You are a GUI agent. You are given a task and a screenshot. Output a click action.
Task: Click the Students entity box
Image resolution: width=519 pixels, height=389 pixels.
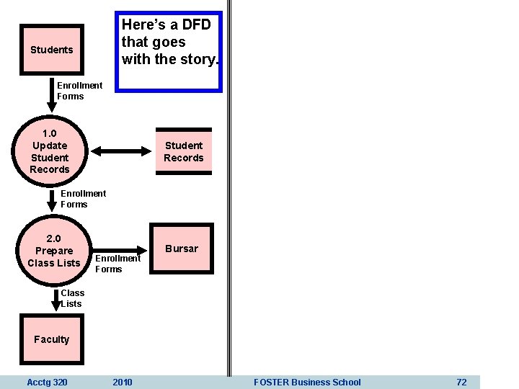pyautogui.click(x=52, y=50)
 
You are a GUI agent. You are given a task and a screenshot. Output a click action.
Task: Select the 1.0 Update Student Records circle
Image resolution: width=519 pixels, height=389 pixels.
pyautogui.click(x=50, y=151)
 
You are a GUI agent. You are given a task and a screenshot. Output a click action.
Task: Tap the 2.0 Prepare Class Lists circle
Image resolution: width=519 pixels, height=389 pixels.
pyautogui.click(x=53, y=251)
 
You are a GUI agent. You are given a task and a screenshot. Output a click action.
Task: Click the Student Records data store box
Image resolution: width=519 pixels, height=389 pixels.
pyautogui.click(x=183, y=151)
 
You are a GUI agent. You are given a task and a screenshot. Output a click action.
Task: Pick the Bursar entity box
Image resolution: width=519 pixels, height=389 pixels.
pyautogui.click(x=181, y=249)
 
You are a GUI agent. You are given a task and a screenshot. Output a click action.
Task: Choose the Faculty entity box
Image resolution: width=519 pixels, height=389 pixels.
pyautogui.click(x=51, y=339)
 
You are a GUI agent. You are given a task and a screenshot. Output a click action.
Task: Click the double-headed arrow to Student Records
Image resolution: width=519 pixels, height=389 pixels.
pyautogui.click(x=122, y=151)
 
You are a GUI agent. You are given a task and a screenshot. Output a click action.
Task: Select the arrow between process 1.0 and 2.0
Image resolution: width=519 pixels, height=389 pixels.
pyautogui.click(x=53, y=198)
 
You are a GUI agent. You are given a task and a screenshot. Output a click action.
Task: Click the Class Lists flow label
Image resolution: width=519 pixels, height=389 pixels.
pyautogui.click(x=72, y=298)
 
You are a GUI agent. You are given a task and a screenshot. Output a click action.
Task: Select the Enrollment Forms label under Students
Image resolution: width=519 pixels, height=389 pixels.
pyautogui.click(x=79, y=91)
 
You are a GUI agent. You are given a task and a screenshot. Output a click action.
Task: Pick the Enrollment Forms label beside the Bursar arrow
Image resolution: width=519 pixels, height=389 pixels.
pyautogui.click(x=117, y=264)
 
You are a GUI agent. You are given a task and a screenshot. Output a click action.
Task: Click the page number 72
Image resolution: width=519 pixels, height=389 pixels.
pyautogui.click(x=461, y=382)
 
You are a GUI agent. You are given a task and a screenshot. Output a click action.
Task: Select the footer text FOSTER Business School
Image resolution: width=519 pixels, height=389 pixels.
pyautogui.click(x=307, y=382)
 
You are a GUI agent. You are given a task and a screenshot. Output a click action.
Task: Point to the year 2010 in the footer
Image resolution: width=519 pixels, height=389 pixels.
pyautogui.click(x=123, y=382)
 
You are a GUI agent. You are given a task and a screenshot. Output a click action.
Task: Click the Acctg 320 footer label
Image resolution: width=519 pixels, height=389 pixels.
pyautogui.click(x=47, y=382)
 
